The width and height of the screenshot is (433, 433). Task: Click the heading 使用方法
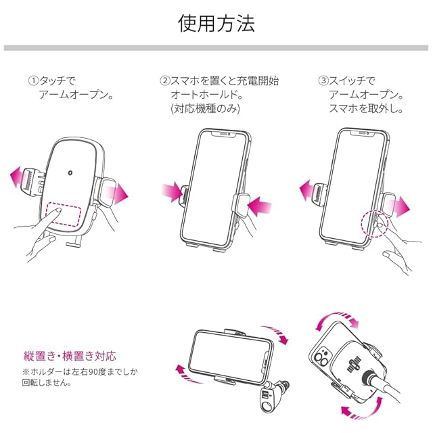(x=216, y=24)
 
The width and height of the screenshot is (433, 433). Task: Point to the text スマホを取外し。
(x=365, y=108)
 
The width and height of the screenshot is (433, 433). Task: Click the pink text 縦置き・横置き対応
(x=70, y=356)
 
